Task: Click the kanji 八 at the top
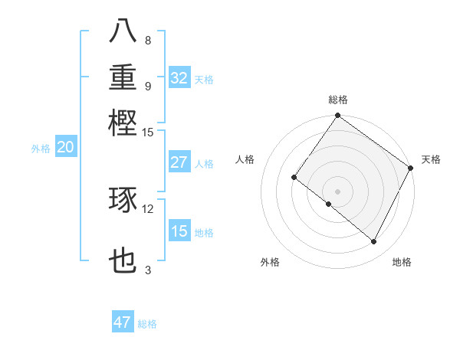point(123,31)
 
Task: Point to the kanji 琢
point(123,201)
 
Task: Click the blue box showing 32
point(179,77)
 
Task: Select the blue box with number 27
point(179,162)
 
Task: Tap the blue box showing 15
point(179,231)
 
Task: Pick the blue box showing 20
point(65,148)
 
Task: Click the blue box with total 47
point(123,322)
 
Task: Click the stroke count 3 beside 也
point(148,270)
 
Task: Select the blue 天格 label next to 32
point(204,79)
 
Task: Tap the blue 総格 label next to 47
point(147,324)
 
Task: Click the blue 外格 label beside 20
point(41,149)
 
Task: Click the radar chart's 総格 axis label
point(337,100)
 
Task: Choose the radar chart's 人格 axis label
point(245,159)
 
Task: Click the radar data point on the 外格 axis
point(328,205)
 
